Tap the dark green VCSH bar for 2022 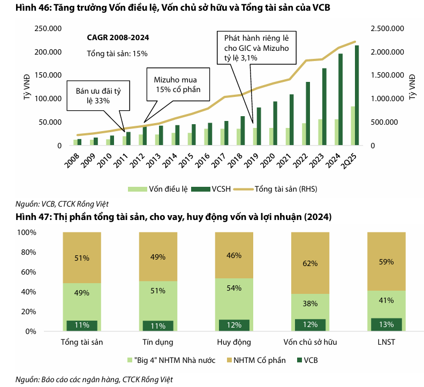307,113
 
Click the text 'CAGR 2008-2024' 118,37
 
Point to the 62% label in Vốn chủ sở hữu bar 310,263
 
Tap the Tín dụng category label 158,342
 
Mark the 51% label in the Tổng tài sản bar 82,258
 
